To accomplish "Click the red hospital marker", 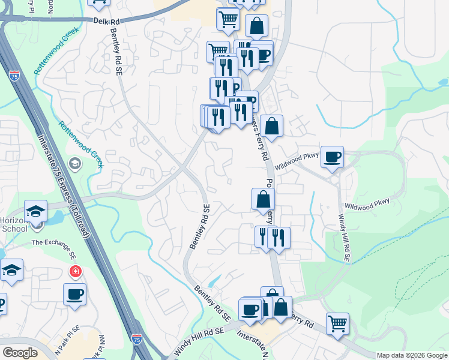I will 75,272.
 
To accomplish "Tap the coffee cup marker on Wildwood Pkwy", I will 332,157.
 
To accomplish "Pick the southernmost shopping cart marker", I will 338,323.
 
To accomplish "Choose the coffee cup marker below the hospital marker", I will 74,295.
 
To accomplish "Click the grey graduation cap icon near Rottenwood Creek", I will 75,163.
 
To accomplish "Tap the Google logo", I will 20,353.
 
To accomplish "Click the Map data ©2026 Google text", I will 412,355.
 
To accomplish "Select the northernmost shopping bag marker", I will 256,26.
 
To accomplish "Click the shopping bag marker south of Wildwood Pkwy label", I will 263,199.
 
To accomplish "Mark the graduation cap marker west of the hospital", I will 11,270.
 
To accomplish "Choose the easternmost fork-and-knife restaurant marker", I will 279,238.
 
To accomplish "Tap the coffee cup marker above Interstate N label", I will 250,310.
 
